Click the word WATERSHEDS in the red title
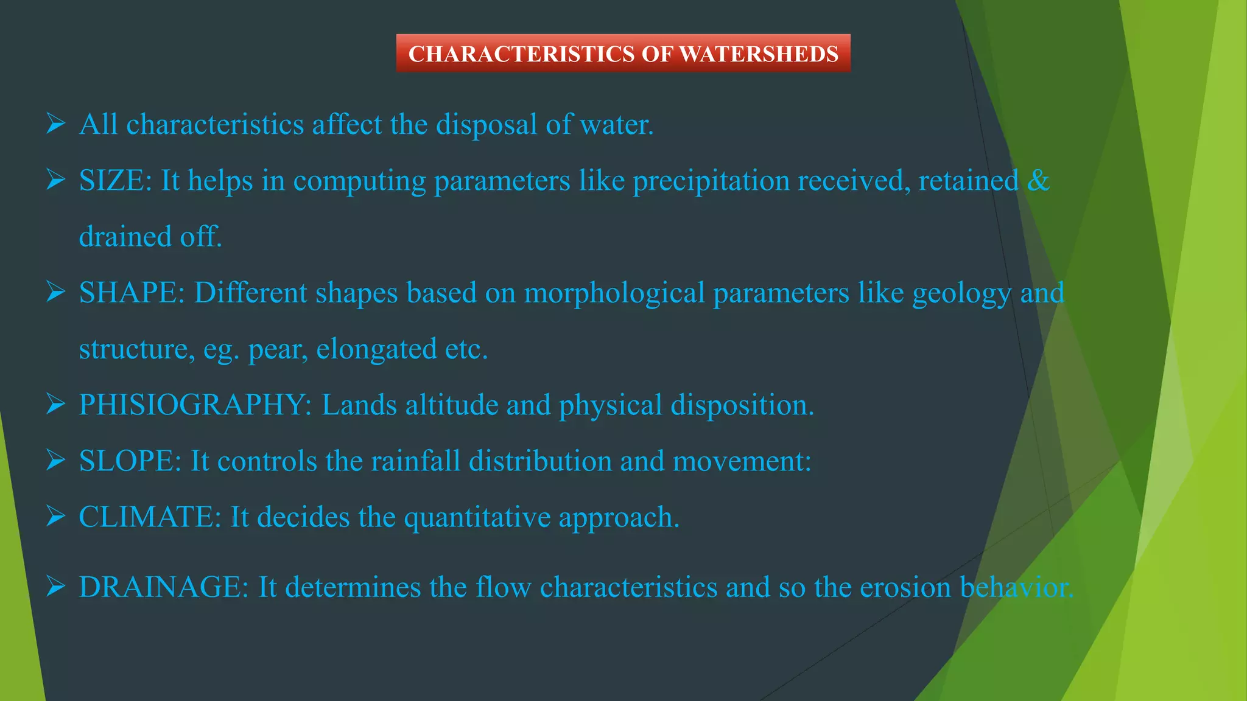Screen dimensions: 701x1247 pos(759,54)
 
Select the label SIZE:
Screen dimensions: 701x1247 pos(115,181)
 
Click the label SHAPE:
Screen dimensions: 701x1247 pos(132,293)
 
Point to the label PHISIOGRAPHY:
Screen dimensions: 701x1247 pos(195,405)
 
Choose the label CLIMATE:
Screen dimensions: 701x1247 pos(150,517)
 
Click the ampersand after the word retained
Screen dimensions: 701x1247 pos(1038,181)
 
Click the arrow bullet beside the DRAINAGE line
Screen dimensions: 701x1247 pos(55,587)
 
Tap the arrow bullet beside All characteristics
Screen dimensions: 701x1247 pos(55,125)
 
